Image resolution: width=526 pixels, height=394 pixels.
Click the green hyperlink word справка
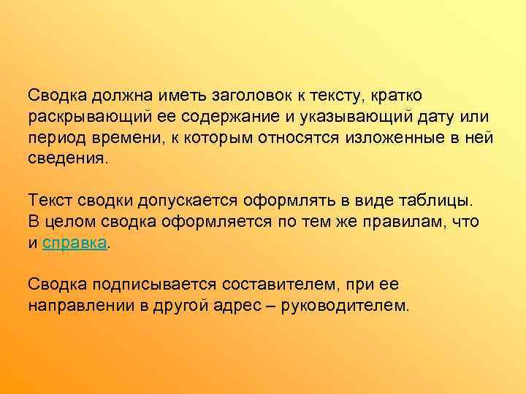click(x=76, y=243)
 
